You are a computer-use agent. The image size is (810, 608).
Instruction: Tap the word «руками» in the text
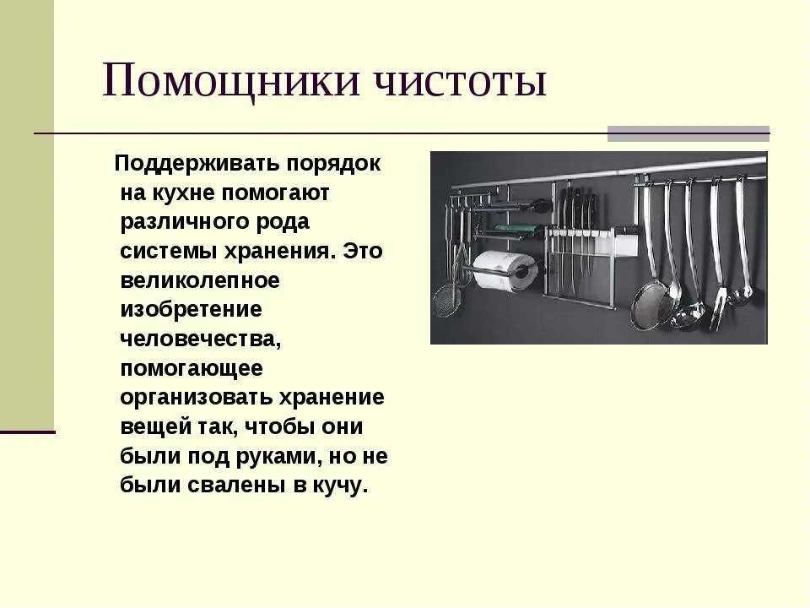point(276,457)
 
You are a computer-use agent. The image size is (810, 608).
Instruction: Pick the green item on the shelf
point(510,228)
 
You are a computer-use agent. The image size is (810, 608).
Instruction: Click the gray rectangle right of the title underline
point(688,133)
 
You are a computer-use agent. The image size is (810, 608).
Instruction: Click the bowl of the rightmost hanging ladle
point(741,295)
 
